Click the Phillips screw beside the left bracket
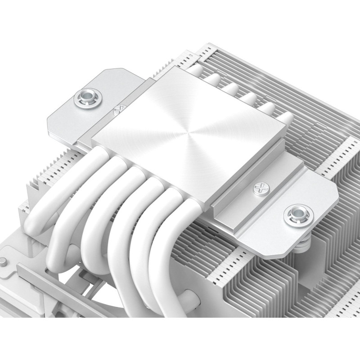coord(120,109)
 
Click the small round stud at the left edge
coord(4,261)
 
